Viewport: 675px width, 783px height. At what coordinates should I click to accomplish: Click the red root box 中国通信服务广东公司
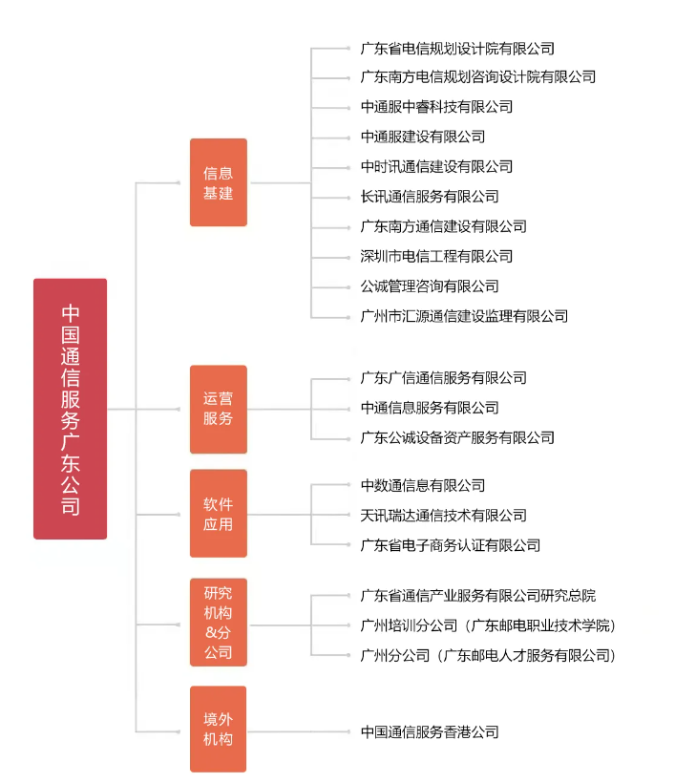point(70,409)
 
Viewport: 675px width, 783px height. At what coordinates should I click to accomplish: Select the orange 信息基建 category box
point(218,182)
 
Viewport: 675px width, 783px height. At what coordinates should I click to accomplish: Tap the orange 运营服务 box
point(218,409)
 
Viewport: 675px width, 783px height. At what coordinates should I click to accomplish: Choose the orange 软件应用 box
point(218,514)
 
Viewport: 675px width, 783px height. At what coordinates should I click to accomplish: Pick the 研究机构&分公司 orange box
point(218,621)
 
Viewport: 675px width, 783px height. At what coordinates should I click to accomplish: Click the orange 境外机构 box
point(218,729)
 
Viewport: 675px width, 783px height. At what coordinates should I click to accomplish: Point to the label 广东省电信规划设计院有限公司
point(457,48)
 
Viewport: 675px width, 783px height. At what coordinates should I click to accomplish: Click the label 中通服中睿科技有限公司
point(436,107)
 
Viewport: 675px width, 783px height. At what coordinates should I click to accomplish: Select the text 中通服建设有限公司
point(423,137)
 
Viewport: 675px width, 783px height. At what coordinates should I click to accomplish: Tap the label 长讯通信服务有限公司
point(430,197)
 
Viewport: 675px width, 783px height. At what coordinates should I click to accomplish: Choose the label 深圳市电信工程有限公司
point(436,256)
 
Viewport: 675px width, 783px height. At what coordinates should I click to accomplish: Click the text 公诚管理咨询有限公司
point(430,286)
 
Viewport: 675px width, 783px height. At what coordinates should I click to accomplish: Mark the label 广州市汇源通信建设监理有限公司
point(464,316)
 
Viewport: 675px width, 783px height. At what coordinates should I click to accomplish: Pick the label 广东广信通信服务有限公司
point(443,378)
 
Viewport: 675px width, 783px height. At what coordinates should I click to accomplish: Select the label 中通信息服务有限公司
point(430,408)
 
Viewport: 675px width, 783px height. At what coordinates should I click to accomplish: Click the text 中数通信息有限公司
point(423,486)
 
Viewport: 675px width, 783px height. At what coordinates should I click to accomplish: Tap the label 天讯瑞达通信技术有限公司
point(443,516)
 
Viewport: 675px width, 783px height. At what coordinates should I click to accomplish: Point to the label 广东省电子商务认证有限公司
point(451,545)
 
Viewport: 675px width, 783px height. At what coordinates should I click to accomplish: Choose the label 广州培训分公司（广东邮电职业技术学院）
point(488,625)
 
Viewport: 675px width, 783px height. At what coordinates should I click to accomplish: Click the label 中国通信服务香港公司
point(430,732)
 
